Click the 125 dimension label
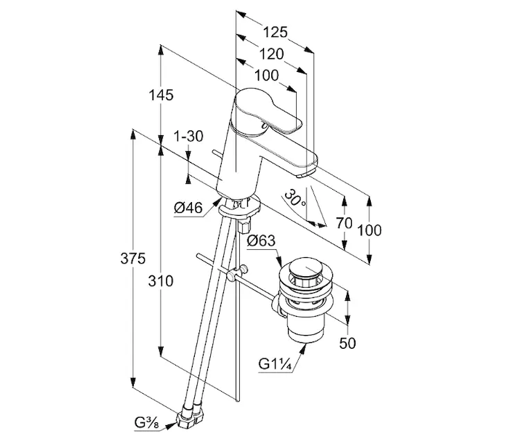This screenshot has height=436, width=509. click(x=275, y=32)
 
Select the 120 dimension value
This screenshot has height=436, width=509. click(x=271, y=54)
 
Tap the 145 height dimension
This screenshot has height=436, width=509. click(x=161, y=95)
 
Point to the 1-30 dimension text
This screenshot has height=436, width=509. click(x=188, y=137)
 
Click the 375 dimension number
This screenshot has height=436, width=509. click(x=133, y=259)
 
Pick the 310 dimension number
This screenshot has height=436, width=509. click(x=161, y=280)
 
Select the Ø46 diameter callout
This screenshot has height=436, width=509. click(x=188, y=207)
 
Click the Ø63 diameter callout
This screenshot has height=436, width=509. click(x=261, y=241)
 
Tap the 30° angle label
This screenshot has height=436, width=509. click(x=294, y=198)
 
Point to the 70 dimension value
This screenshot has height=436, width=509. click(x=344, y=223)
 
